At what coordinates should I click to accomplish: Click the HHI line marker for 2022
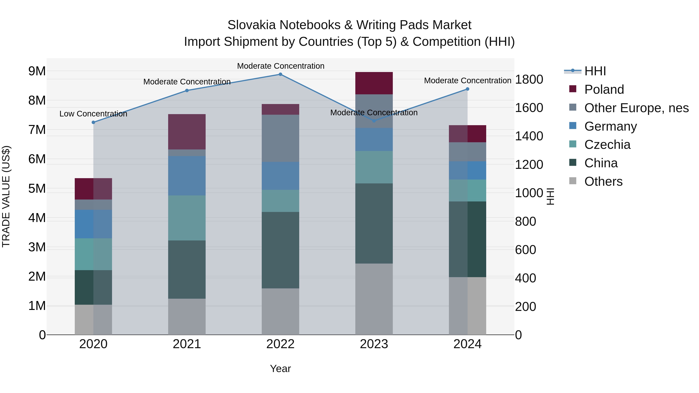point(280,74)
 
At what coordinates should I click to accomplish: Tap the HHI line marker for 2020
point(93,122)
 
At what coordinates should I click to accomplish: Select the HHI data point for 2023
point(374,121)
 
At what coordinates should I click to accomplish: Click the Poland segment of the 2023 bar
point(374,83)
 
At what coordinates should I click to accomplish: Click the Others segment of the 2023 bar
point(374,299)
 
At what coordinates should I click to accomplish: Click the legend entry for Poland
point(604,89)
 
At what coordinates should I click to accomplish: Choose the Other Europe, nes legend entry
point(636,108)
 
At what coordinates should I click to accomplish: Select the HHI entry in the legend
point(595,71)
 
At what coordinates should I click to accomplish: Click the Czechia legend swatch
point(573,144)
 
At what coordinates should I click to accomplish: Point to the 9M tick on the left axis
point(37,71)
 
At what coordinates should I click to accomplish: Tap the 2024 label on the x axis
point(467,344)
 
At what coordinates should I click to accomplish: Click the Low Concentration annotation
point(93,114)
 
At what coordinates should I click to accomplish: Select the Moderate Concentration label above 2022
point(281,66)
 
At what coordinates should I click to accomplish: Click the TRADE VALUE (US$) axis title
point(6,196)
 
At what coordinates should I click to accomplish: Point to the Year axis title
point(280,369)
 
